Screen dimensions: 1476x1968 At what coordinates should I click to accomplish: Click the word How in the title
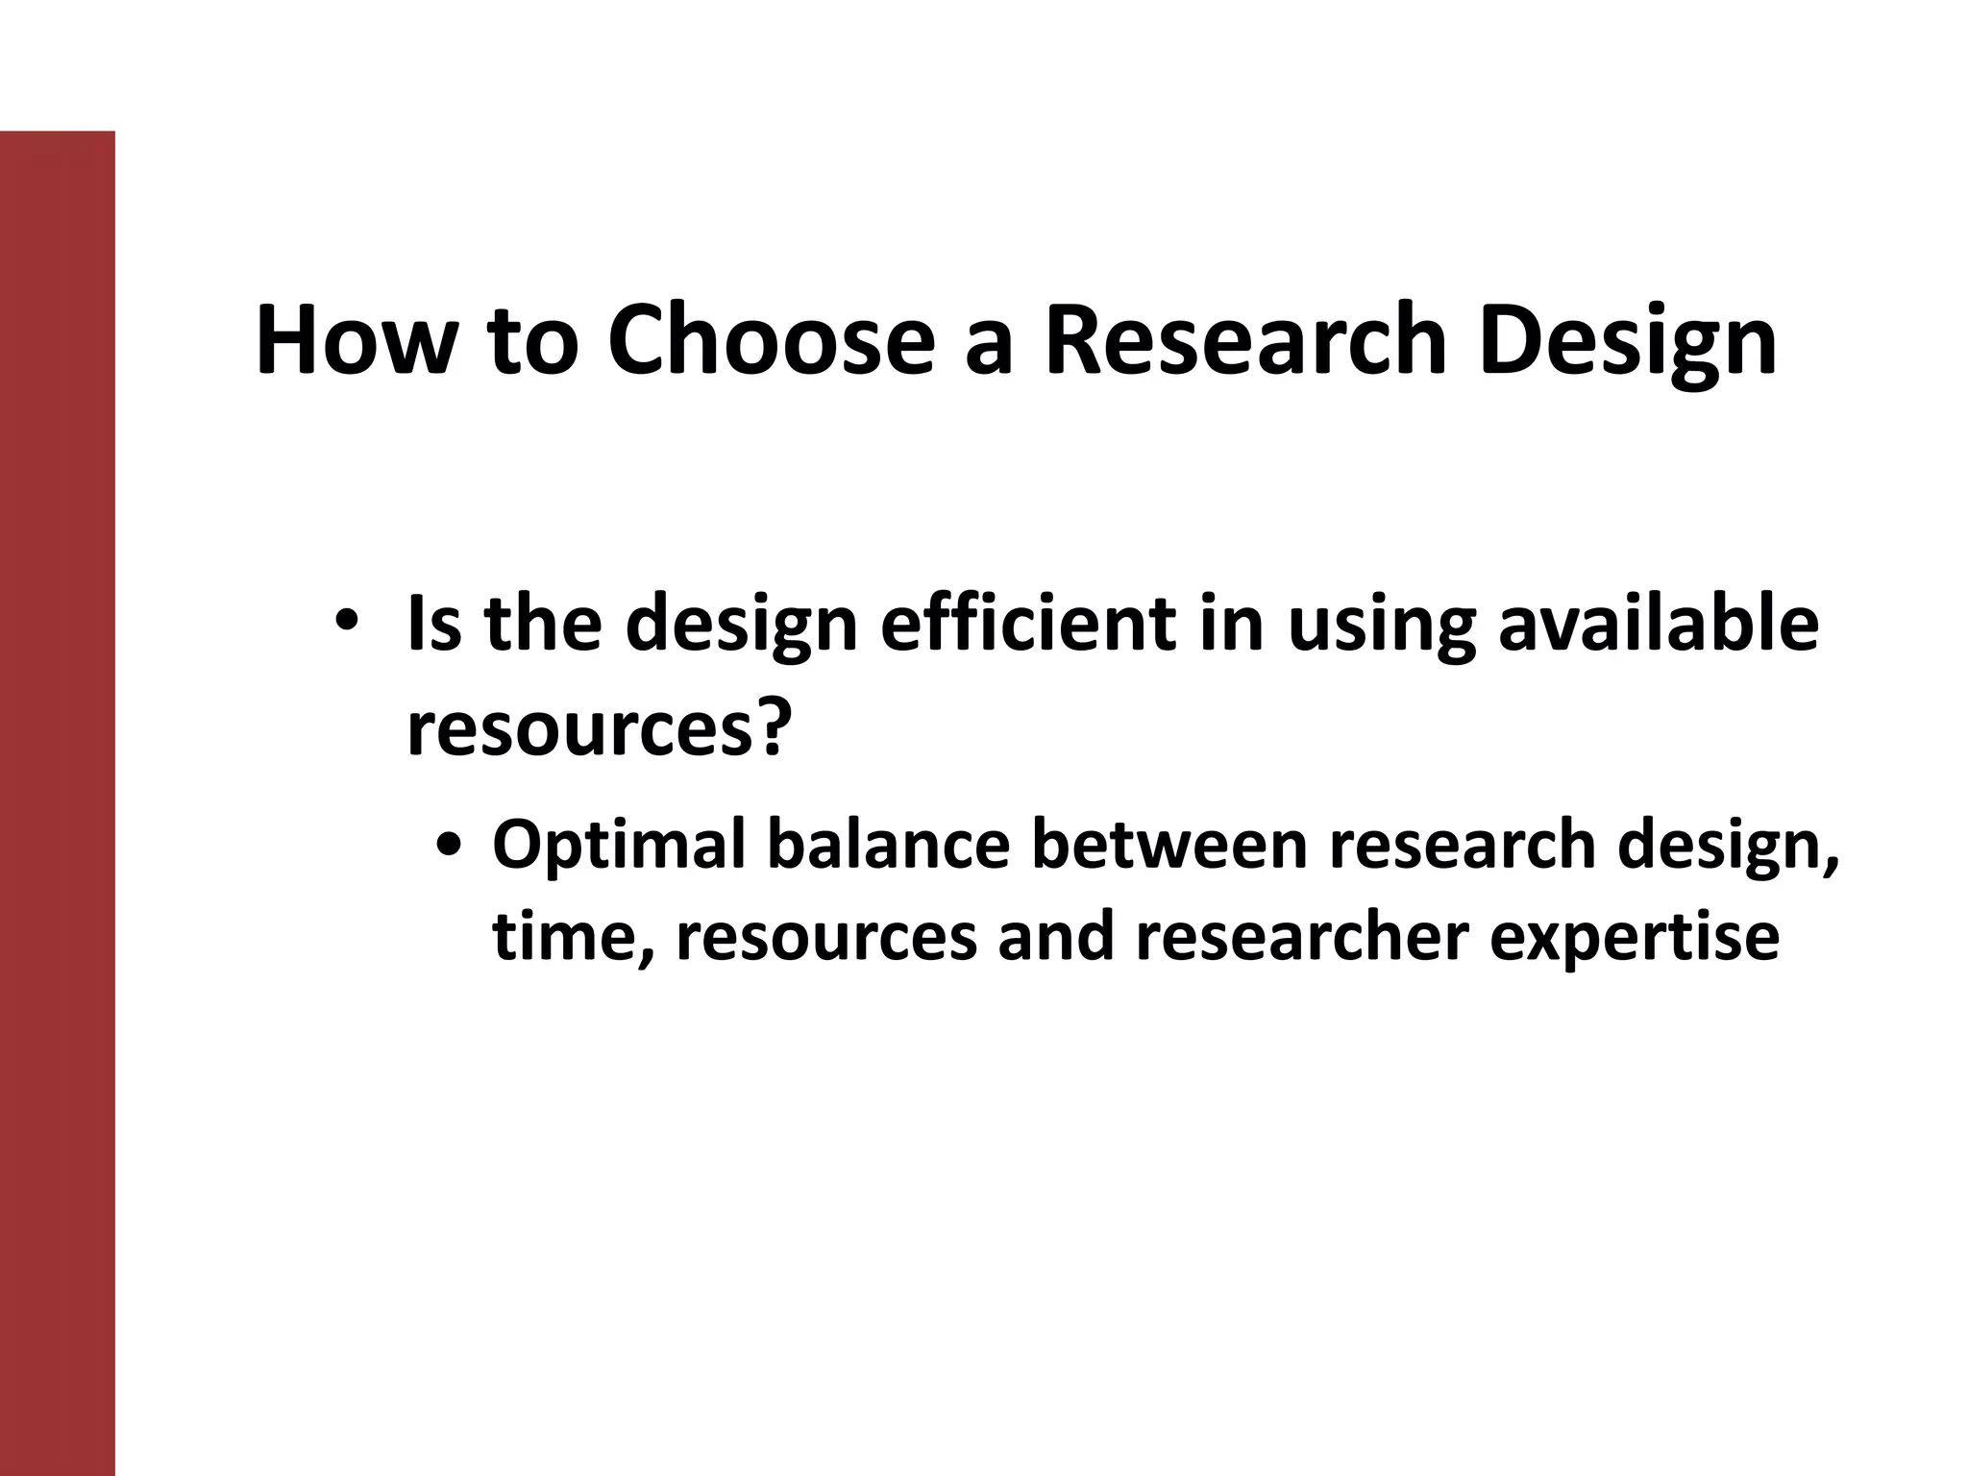[x=353, y=340]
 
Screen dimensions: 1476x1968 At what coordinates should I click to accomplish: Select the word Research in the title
[x=1245, y=340]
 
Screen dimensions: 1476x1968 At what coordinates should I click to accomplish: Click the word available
[x=1659, y=624]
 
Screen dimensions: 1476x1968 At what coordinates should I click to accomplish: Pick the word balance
[x=889, y=843]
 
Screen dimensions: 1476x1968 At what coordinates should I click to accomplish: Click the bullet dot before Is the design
[x=347, y=621]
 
